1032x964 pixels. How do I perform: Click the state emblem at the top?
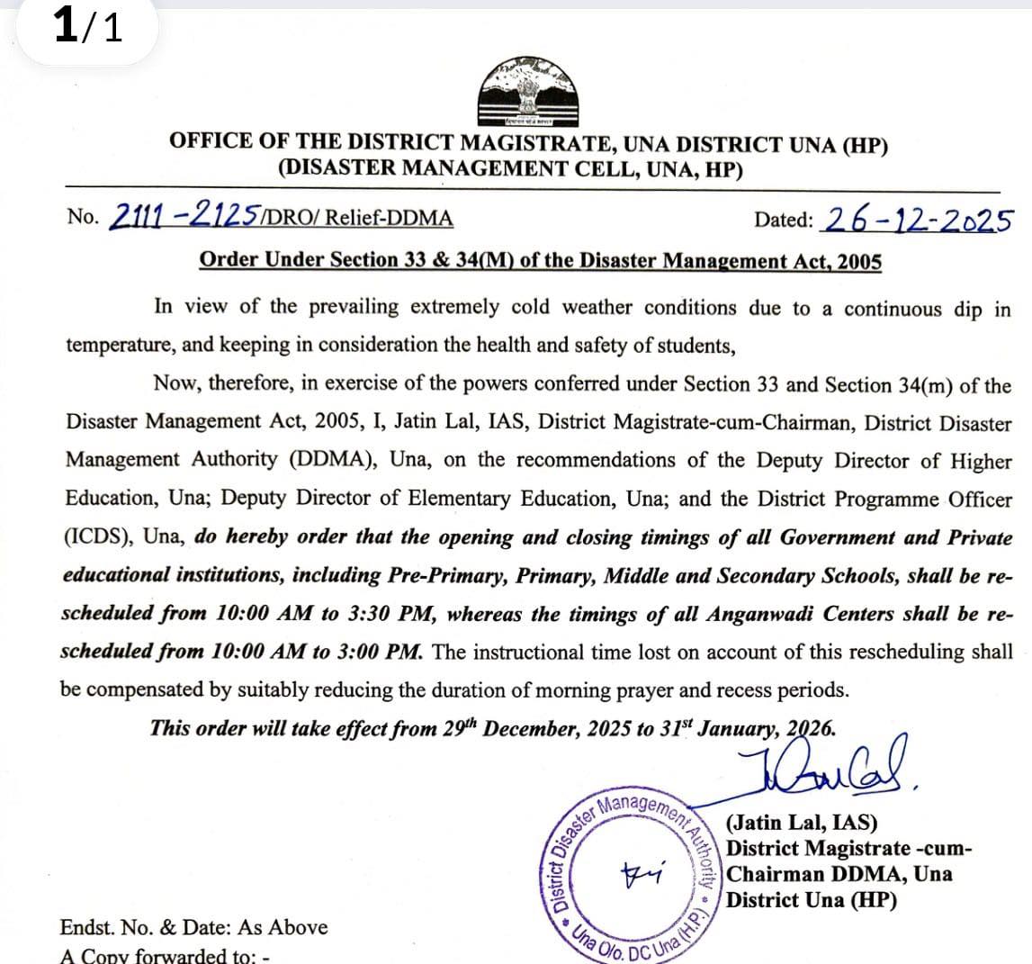pos(526,93)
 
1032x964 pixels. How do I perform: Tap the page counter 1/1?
pos(87,28)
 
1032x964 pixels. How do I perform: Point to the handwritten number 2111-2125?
pos(184,216)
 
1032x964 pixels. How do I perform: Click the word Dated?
pos(784,220)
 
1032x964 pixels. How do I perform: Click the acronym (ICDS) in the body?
pos(98,536)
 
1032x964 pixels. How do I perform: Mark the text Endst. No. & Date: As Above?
pos(193,927)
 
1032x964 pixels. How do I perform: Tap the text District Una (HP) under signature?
pos(811,900)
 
